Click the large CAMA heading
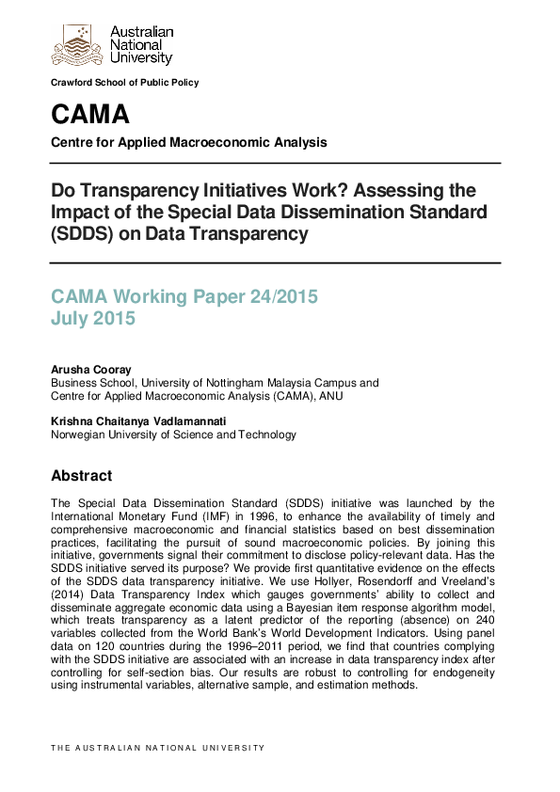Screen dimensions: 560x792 point(90,115)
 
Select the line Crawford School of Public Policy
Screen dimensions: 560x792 point(125,83)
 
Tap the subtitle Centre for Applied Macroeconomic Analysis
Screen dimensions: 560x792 point(189,143)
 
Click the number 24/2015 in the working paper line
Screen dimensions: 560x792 point(282,297)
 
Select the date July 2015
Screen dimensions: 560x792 point(93,319)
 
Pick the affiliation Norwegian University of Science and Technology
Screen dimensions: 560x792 point(173,435)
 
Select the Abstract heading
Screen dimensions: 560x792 point(81,476)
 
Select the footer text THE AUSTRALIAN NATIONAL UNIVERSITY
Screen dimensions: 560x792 point(158,748)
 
